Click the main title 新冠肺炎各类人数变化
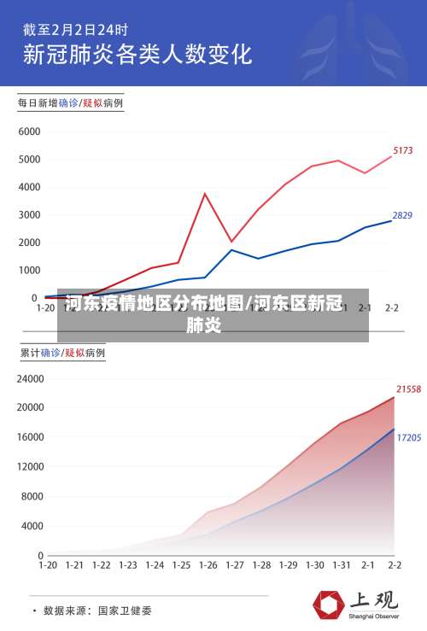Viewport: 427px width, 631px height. [137, 55]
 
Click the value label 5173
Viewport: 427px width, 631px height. [403, 150]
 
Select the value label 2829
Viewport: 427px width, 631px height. [402, 215]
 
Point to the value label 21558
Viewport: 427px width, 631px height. [408, 389]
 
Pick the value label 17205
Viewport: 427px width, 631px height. [408, 437]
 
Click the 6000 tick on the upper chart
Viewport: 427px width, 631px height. [29, 132]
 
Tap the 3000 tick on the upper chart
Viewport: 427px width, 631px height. [29, 215]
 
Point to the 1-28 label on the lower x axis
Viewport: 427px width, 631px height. [261, 565]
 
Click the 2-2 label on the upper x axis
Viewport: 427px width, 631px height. [393, 307]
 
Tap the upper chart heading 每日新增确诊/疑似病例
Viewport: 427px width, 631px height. [71, 103]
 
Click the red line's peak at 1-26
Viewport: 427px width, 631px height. [205, 194]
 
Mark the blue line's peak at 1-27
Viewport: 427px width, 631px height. [232, 249]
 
